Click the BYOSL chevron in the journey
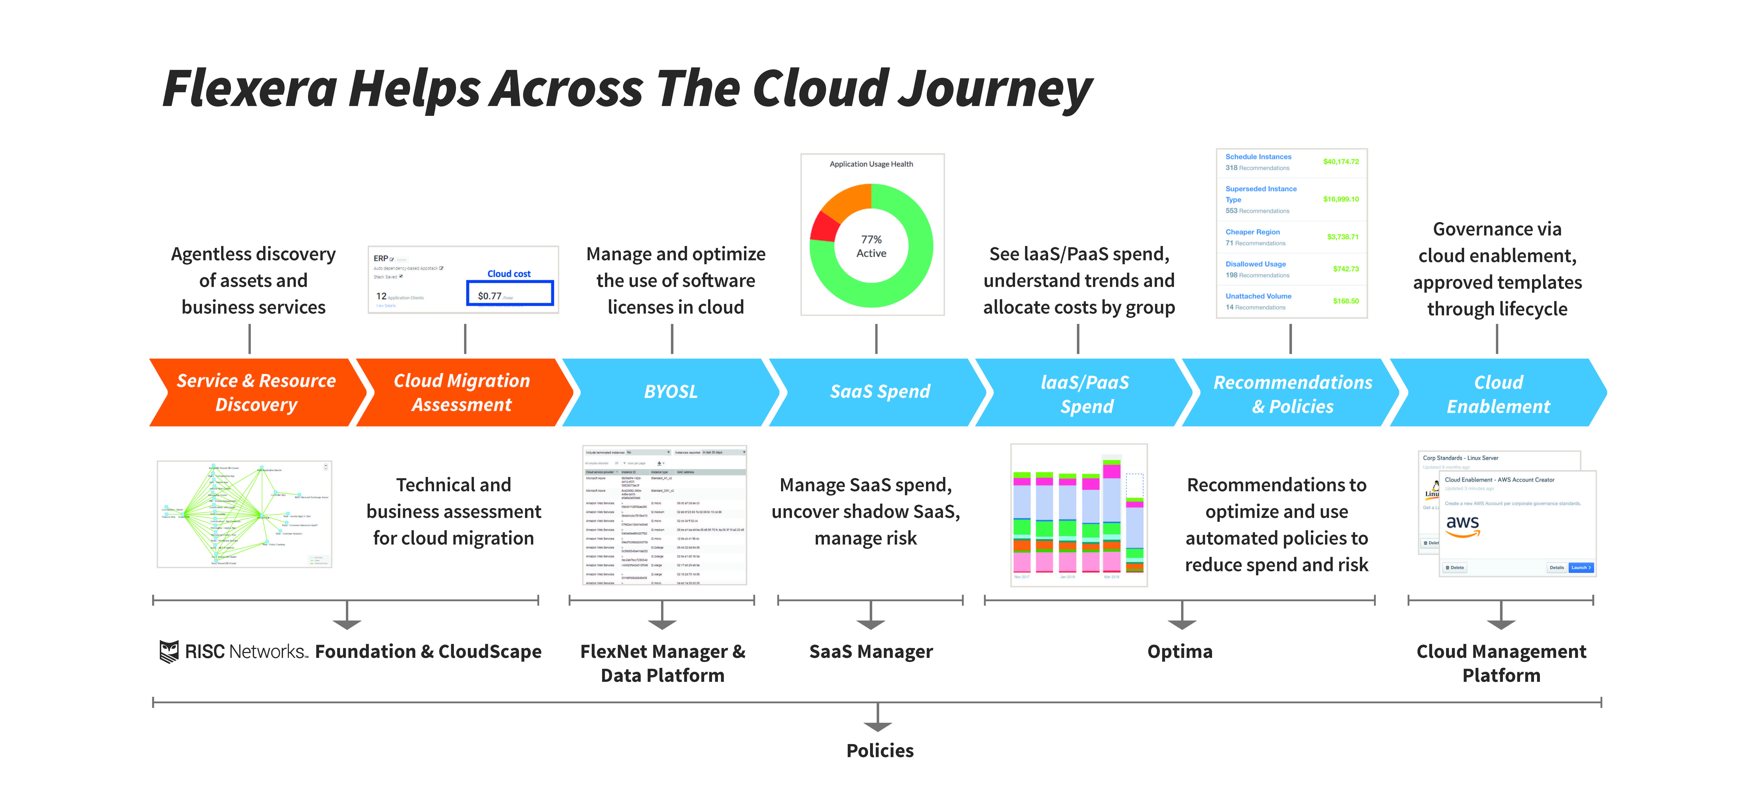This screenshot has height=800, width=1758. click(x=671, y=392)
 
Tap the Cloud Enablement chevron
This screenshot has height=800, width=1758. click(x=1498, y=393)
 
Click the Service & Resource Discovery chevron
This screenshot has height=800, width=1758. click(x=256, y=392)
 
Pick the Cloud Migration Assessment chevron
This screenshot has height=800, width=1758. click(x=462, y=392)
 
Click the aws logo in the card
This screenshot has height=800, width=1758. click(x=1462, y=524)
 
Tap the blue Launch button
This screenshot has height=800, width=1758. click(x=1580, y=567)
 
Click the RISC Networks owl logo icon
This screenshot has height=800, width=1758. click(x=169, y=651)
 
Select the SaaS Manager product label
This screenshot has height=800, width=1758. click(x=871, y=651)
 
